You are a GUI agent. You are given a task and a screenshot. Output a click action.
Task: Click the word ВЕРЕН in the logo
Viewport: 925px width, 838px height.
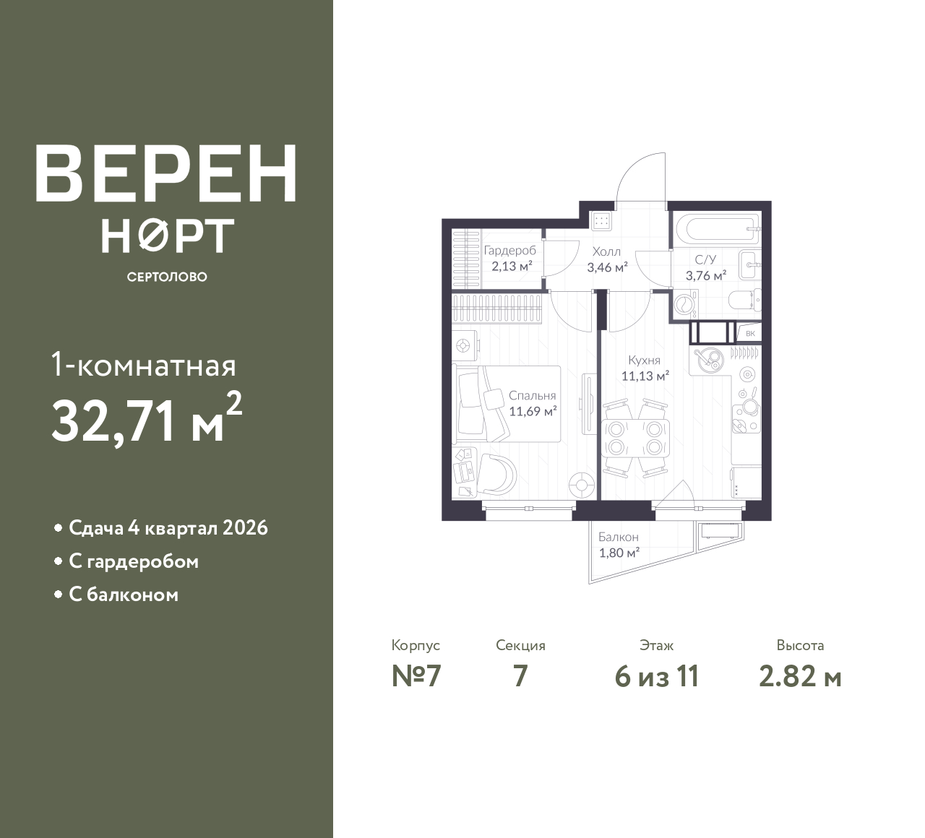click(166, 173)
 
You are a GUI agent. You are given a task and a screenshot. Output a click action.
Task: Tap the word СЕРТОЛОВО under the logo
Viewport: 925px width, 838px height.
click(167, 277)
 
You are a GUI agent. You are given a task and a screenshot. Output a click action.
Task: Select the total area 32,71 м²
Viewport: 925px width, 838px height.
click(147, 419)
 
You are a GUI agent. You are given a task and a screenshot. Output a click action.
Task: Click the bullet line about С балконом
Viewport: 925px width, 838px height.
click(123, 595)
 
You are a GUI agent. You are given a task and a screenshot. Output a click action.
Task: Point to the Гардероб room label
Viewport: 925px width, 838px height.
click(509, 251)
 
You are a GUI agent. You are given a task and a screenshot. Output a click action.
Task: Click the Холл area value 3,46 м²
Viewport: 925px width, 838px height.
click(607, 267)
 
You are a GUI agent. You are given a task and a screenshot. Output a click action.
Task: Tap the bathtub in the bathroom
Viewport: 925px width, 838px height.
click(722, 228)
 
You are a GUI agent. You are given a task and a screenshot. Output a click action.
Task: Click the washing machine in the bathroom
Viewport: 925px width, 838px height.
click(685, 304)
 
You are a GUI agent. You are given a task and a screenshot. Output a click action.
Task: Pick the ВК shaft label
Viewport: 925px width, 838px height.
click(750, 333)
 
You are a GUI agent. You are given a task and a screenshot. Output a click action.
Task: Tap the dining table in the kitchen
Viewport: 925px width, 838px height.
click(635, 439)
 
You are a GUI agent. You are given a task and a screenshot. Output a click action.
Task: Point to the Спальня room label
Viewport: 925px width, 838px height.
click(532, 395)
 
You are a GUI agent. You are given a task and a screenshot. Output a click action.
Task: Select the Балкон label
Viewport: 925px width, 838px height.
click(619, 537)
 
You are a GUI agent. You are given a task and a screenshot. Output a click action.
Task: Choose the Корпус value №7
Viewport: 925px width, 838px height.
click(416, 677)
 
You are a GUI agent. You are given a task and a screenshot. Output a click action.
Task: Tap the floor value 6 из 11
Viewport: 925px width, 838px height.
click(657, 677)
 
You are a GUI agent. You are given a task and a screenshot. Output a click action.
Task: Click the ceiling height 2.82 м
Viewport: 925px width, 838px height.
click(800, 677)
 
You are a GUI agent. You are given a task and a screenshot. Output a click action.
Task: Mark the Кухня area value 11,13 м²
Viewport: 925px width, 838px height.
click(645, 376)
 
